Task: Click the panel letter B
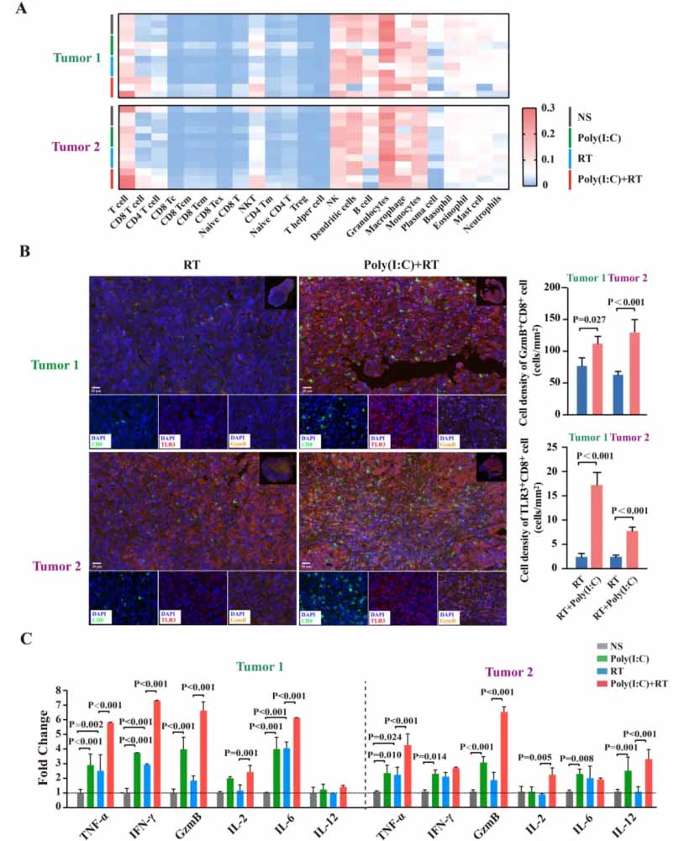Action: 25,250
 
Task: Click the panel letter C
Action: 25,638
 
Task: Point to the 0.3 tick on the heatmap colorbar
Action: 549,108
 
